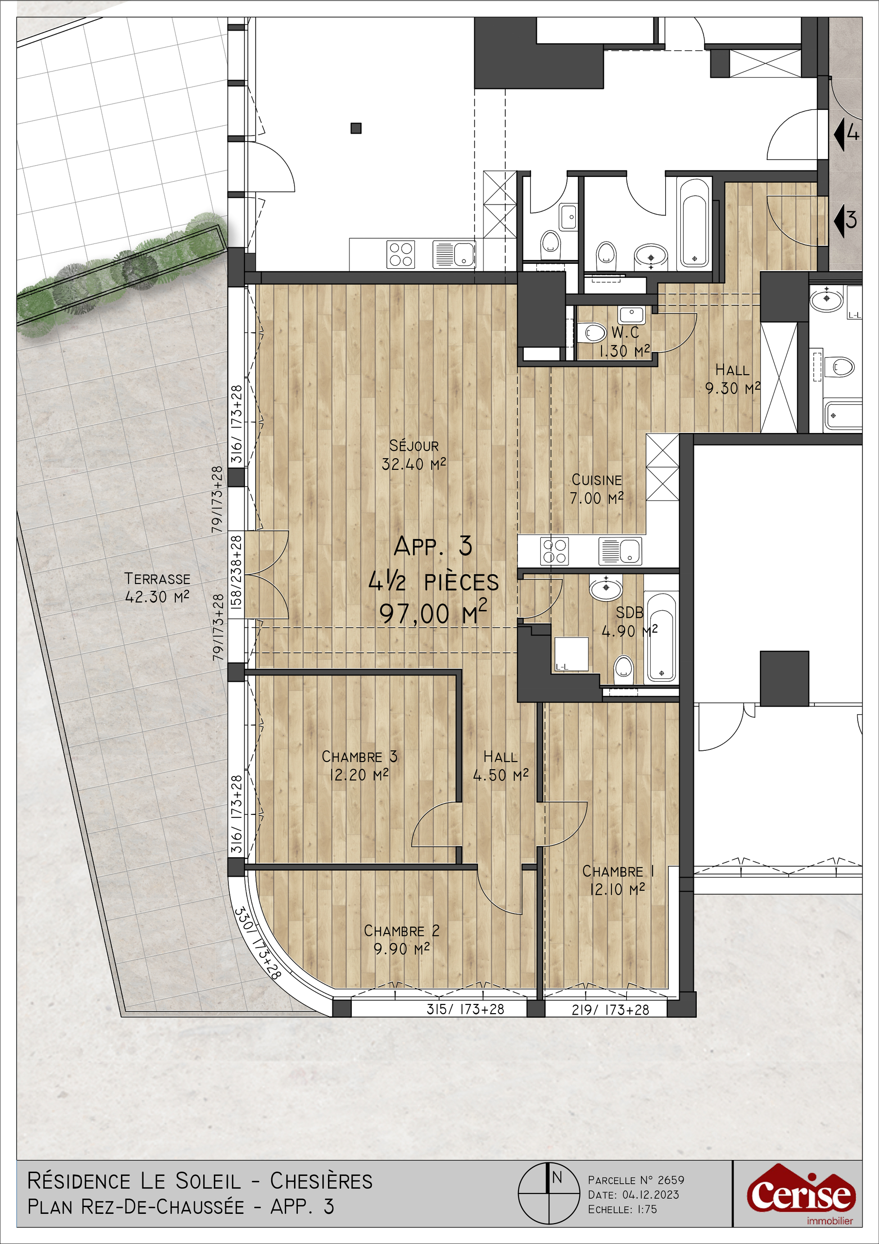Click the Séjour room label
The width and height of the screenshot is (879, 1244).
(414, 446)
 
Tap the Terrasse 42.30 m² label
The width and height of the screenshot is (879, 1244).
(157, 588)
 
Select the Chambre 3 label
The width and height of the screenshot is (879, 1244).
(359, 757)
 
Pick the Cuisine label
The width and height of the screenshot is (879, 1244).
(597, 480)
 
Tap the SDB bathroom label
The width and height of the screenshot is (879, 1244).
(630, 612)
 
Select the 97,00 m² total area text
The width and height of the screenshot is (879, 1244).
(432, 613)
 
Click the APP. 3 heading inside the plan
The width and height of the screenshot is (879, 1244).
(433, 546)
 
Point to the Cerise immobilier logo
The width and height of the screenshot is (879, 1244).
(801, 1196)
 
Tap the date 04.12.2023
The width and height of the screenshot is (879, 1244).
(650, 1195)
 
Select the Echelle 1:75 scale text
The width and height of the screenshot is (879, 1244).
(622, 1209)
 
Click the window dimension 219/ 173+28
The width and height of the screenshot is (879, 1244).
(610, 1009)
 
